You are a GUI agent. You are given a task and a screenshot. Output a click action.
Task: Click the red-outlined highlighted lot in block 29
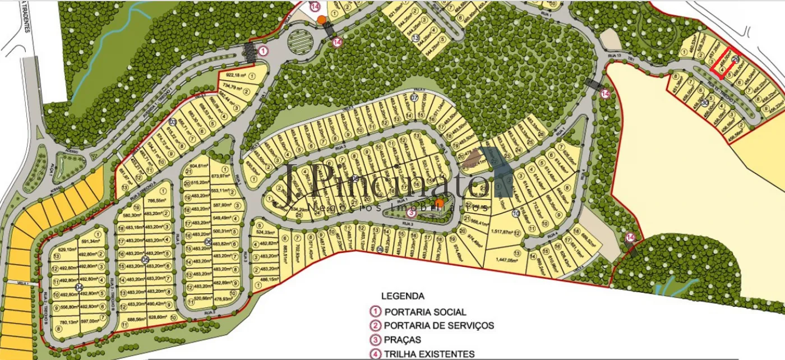point(722,63)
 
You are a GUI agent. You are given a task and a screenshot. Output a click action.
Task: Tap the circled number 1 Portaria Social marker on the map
point(264,50)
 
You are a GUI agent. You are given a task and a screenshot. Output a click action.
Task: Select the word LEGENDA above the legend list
point(403,296)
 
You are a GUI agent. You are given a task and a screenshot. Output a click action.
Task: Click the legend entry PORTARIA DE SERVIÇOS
point(438,325)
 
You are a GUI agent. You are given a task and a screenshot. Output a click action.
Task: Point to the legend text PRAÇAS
point(402,340)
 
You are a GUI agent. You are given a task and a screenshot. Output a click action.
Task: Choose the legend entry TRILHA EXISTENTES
point(429,354)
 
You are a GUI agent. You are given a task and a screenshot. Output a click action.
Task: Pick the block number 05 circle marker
point(145,260)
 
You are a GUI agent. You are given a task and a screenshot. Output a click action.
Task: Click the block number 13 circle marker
point(415,38)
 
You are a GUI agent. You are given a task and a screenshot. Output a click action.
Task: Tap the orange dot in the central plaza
point(440,202)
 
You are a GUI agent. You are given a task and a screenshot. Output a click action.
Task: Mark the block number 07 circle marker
point(414,98)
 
